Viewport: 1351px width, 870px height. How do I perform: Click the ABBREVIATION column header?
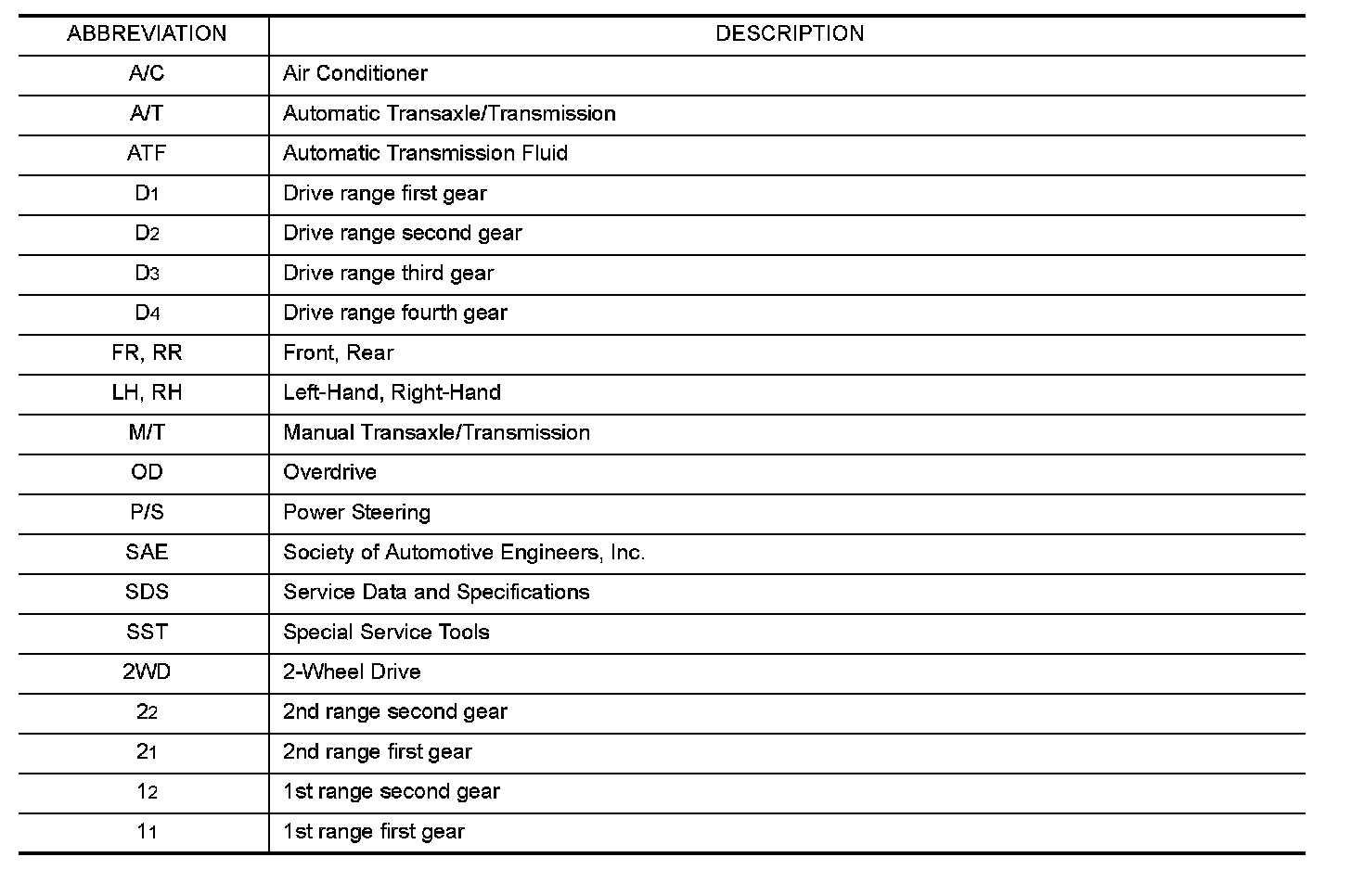(x=147, y=34)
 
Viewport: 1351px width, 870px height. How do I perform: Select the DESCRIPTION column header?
(x=790, y=34)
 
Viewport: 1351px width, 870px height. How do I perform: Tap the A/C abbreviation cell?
(x=147, y=74)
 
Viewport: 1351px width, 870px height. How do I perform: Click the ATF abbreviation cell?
(x=147, y=154)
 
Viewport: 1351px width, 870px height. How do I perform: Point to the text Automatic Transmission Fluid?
(x=425, y=154)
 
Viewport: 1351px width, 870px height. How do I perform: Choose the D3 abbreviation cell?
(x=147, y=274)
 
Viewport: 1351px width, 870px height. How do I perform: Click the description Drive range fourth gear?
(x=394, y=313)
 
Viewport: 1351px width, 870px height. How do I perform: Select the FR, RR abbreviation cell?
(x=147, y=353)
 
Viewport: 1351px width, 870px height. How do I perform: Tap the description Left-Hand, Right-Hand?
(x=392, y=393)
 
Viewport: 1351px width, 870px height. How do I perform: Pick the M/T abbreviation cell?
(x=147, y=433)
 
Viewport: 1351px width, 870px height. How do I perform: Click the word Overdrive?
(x=329, y=473)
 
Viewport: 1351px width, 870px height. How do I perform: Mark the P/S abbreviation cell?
(x=147, y=513)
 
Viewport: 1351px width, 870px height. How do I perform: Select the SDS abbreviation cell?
(x=147, y=593)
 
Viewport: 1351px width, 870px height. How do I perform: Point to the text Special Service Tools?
(x=386, y=633)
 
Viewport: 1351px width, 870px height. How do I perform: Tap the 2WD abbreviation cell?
(x=147, y=672)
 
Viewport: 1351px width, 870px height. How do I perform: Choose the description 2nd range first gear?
(x=377, y=752)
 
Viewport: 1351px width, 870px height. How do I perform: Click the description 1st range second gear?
(x=391, y=792)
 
